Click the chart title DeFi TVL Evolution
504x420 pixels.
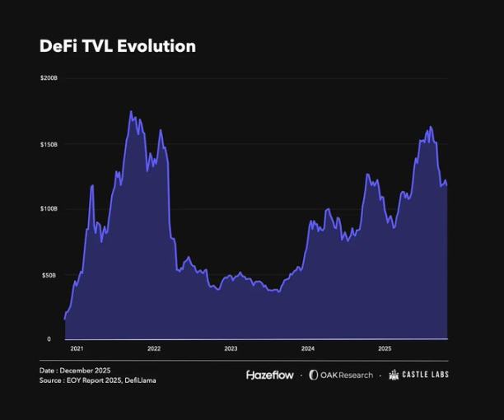(x=118, y=46)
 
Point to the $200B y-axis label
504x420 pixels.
(x=49, y=78)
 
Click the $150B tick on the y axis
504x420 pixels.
(x=49, y=143)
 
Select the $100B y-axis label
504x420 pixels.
(x=49, y=208)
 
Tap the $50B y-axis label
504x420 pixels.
(x=50, y=273)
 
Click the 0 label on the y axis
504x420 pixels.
(x=49, y=338)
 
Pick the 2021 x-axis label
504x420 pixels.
(x=77, y=348)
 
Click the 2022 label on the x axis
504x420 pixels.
(x=154, y=348)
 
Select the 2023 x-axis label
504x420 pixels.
(x=231, y=348)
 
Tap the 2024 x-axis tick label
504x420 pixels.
(x=307, y=348)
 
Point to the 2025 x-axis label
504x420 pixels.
(x=385, y=348)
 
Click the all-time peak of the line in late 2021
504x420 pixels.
(x=131, y=111)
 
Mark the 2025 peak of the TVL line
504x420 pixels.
(x=430, y=127)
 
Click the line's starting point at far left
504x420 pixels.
(x=65, y=318)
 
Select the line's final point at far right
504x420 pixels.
(x=447, y=184)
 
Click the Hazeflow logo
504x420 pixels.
(x=270, y=375)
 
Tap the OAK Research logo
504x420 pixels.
(x=341, y=375)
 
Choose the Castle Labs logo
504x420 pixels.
(x=419, y=375)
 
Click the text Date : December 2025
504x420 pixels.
(x=75, y=371)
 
